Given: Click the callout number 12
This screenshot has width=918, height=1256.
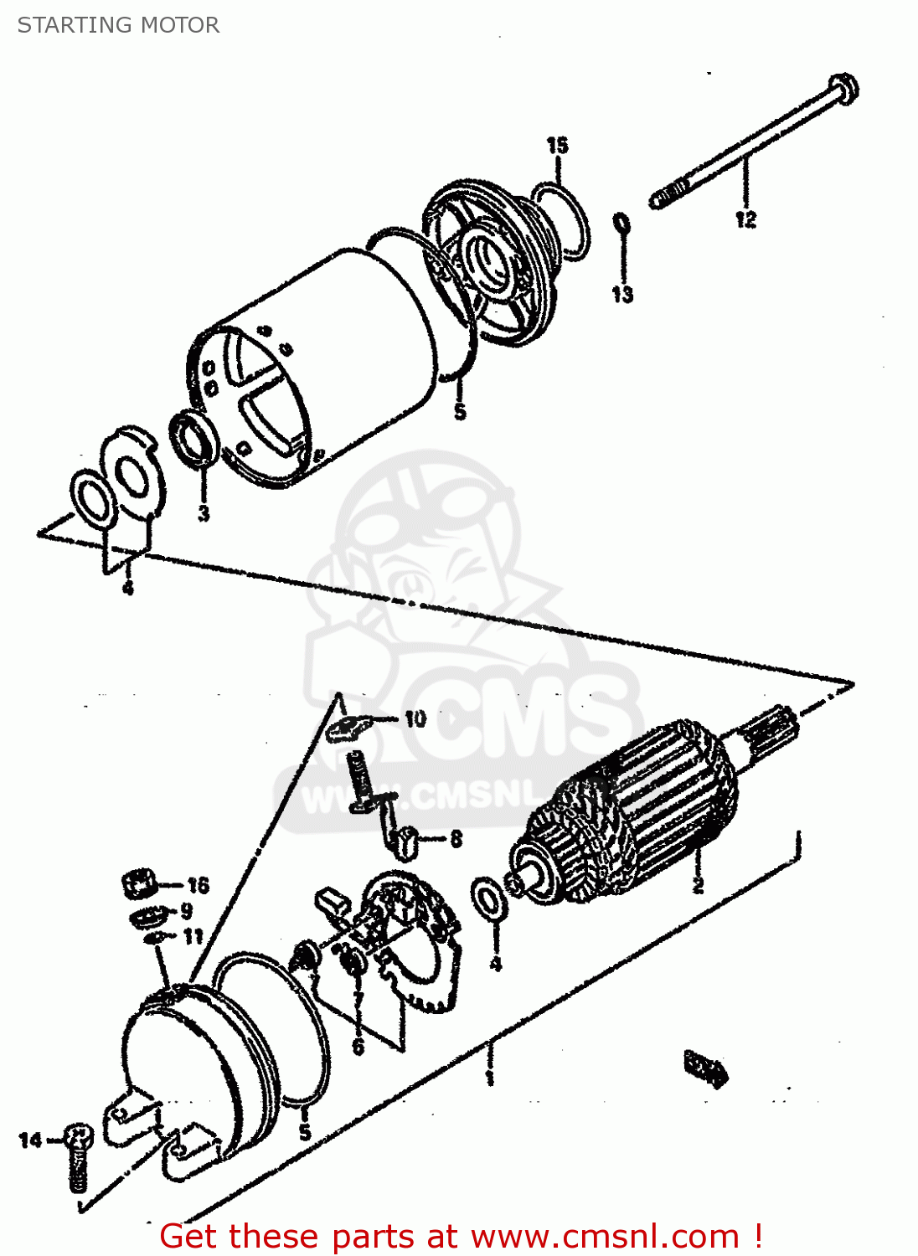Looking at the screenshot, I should pos(745,219).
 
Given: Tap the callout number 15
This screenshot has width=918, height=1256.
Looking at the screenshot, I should pos(557,146).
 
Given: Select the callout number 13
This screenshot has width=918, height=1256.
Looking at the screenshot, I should pos(622,294).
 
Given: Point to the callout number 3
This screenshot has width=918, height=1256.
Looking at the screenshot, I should pos(204,512).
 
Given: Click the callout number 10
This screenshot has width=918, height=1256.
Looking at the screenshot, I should pos(415,718).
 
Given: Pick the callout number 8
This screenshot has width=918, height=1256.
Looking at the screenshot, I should pos(456,838).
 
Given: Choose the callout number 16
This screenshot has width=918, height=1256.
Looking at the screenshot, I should pos(198,885).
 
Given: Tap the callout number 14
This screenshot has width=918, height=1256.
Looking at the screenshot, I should pos(30,1140).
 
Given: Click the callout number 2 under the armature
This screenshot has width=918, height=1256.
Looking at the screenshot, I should pos(697,884).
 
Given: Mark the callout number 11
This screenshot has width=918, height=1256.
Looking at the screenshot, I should pos(193,935).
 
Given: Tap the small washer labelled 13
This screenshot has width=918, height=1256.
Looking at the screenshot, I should pos(621,224).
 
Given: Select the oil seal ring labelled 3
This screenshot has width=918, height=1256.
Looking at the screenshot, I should pos(194,436).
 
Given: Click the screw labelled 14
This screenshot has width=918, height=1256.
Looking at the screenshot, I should pos(78,1156).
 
